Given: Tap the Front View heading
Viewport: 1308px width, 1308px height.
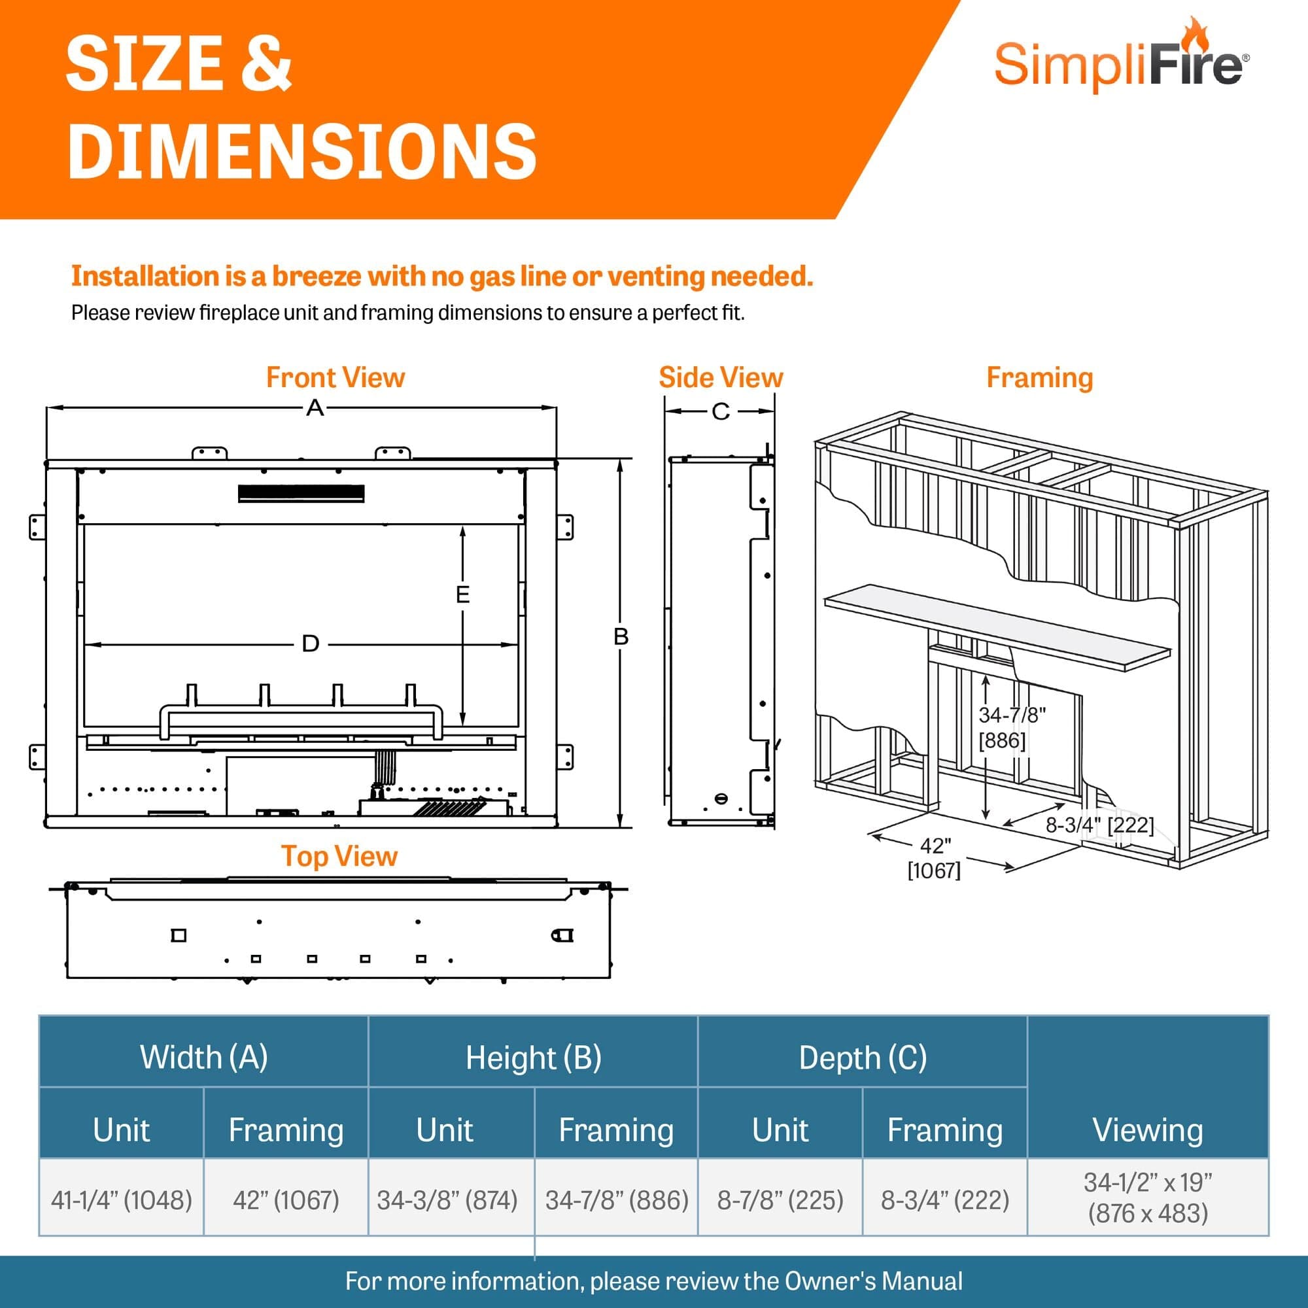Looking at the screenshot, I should [335, 378].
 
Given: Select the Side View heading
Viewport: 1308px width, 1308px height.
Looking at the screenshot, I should [720, 378].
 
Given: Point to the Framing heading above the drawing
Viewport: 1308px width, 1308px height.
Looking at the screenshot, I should [1039, 378].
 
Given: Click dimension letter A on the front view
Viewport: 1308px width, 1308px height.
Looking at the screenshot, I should [315, 408].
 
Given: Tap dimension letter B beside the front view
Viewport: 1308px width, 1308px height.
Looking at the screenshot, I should [621, 636].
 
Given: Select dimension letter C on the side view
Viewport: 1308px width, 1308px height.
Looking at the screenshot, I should [720, 411].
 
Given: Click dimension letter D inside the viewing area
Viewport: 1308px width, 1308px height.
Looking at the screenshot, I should [310, 644].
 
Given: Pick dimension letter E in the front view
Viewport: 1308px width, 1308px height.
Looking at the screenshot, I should [462, 594].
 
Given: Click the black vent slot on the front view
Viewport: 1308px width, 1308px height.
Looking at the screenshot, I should [301, 494].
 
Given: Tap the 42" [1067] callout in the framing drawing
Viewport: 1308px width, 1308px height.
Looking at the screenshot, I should [935, 858].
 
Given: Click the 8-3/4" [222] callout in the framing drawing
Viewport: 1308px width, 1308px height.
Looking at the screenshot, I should [1099, 825].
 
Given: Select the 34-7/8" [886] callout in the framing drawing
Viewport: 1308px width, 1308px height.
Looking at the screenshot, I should [1012, 727].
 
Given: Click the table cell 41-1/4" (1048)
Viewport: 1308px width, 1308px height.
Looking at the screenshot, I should [122, 1200].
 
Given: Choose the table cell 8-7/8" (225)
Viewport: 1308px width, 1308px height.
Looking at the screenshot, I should [780, 1200].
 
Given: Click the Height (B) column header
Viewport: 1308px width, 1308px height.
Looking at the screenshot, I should [534, 1058].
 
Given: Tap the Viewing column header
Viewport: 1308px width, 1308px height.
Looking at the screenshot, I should [1148, 1130].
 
